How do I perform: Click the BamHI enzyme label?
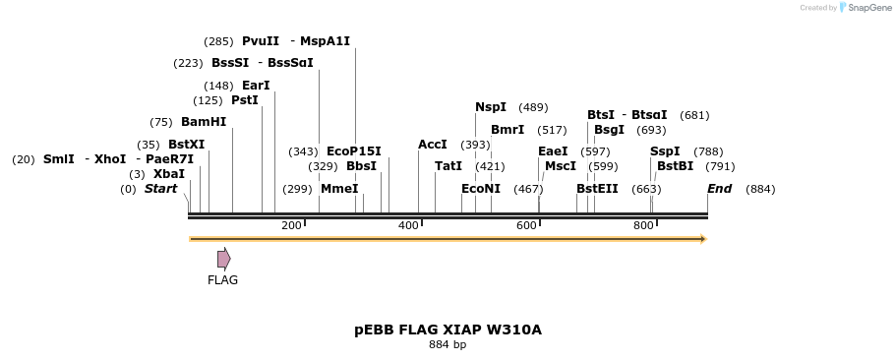[x=204, y=122]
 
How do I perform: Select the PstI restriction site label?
[x=245, y=100]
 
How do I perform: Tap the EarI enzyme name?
[x=256, y=86]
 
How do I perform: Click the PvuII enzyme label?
[x=261, y=41]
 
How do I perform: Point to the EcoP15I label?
[x=353, y=151]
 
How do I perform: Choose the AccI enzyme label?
[x=433, y=145]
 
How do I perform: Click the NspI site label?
[x=491, y=107]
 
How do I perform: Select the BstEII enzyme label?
[x=597, y=189]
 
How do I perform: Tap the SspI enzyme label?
[x=665, y=151]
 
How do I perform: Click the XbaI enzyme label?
[x=169, y=174]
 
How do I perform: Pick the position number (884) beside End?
[x=760, y=189]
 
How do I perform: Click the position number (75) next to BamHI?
[x=161, y=122]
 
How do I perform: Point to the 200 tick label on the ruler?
[x=291, y=226]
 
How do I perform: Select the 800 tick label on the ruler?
[x=643, y=226]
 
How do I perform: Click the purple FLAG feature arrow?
[x=223, y=259]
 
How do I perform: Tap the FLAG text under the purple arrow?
[x=222, y=280]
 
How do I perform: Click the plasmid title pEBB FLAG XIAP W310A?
[x=448, y=330]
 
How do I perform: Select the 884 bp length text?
[x=448, y=345]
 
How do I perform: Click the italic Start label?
[x=160, y=189]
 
